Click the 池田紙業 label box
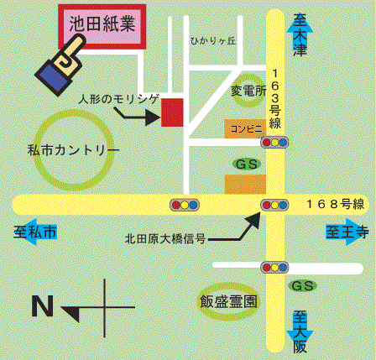coord(102,27)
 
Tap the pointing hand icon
coord(60,65)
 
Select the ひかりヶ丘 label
coord(213,41)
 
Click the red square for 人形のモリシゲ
coord(172,112)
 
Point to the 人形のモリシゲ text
coord(118,99)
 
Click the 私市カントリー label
coord(74,150)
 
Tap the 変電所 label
coord(248,91)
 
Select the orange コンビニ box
coord(245,129)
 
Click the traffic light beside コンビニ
coord(274,143)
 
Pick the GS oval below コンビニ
coord(247,164)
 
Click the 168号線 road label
coord(336,204)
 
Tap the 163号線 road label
coord(275,99)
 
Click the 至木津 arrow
coord(300,35)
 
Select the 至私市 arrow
coord(35,232)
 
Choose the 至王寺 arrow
coord(347,232)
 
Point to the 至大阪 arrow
coord(300,331)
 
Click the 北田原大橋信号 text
coord(165,239)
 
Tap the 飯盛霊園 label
coord(228,302)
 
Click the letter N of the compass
coord(43,306)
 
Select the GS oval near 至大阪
coord(302,286)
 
